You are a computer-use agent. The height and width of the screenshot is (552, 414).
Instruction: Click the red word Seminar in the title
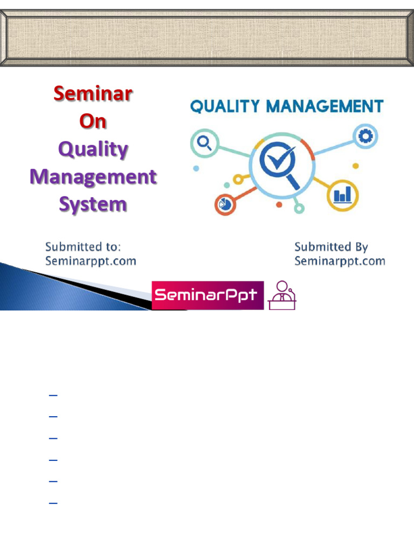coord(93,94)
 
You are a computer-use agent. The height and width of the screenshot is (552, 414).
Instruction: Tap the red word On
coord(93,121)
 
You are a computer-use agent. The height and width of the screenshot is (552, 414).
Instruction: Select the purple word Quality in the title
coord(93,149)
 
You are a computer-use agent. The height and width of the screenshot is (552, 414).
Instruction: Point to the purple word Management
coord(93,177)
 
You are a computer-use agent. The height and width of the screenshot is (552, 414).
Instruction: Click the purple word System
coord(93,204)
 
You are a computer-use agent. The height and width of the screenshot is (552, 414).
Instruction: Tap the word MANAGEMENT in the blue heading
coord(326,106)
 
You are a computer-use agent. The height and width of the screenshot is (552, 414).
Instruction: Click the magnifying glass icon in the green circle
coord(204,143)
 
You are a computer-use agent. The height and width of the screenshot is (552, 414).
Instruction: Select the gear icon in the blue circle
coord(366,137)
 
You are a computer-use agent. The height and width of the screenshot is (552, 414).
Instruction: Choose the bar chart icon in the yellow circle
coord(342,194)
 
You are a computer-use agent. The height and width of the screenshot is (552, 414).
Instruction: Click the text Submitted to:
coord(83,247)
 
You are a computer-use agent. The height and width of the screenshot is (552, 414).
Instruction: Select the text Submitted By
coord(331,247)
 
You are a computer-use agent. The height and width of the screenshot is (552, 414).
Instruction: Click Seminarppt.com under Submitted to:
coord(91,261)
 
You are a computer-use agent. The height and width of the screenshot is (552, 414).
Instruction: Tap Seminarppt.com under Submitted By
coord(340,261)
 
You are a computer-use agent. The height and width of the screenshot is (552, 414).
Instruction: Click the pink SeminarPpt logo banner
coord(208,295)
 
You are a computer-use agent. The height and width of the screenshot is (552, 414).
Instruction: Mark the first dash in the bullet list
coord(53,396)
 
